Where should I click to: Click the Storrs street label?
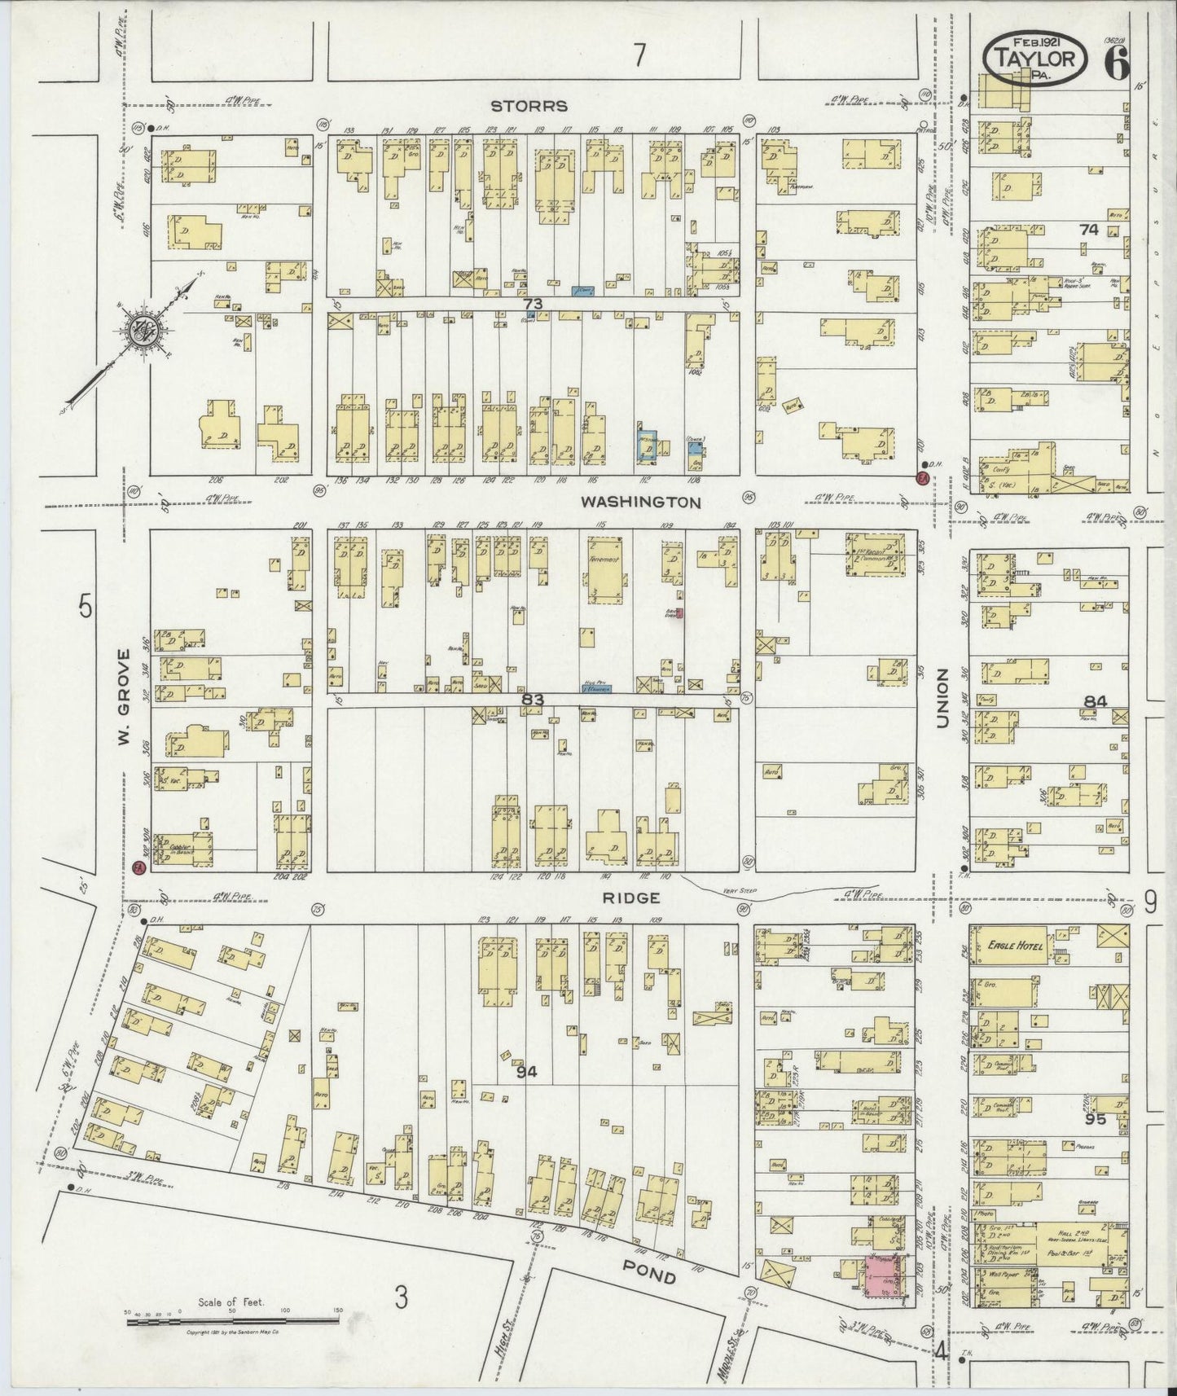[x=529, y=106]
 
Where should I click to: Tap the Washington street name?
[x=640, y=503]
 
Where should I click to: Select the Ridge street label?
[x=630, y=897]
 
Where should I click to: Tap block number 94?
[x=527, y=1072]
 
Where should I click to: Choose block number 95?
[x=1096, y=1119]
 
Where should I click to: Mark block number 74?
[x=1089, y=230]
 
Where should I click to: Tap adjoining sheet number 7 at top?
[x=639, y=55]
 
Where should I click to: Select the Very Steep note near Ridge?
[x=740, y=891]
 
